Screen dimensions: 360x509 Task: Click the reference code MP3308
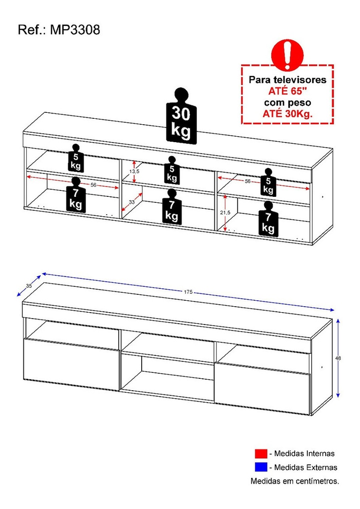coord(75,30)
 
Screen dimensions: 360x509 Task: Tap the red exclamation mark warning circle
coord(287,55)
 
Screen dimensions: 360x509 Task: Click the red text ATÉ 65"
coord(287,91)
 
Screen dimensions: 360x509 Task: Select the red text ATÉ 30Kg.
coord(287,114)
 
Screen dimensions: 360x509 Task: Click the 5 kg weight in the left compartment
coord(76,158)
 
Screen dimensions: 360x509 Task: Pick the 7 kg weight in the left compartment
coord(76,195)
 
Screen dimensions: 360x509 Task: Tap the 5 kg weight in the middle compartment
coord(172,170)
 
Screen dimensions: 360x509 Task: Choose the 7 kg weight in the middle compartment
coord(172,206)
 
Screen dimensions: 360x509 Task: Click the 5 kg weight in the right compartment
coord(268,182)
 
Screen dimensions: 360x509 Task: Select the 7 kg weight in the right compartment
coord(268,219)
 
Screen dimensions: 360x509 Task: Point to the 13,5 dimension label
coord(134,171)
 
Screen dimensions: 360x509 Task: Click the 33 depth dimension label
coord(131,202)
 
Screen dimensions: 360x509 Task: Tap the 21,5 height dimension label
coord(225,213)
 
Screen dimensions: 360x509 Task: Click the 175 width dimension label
coord(188,292)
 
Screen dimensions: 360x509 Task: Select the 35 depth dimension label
coord(29,286)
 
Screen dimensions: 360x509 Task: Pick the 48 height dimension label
coord(338,358)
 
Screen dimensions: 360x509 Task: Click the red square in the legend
coord(261,453)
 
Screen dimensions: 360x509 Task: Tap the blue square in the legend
coord(261,467)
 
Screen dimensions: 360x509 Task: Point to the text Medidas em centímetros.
coord(295,481)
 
